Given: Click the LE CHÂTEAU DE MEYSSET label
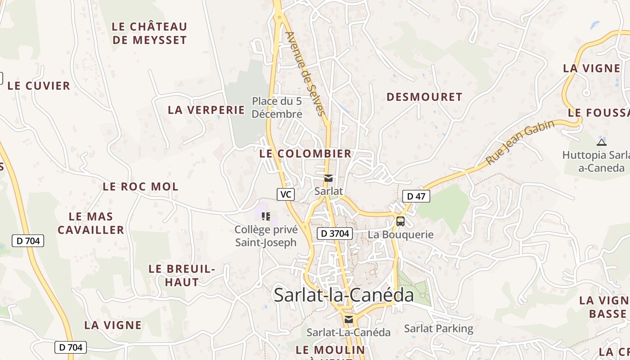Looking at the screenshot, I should click(x=149, y=33).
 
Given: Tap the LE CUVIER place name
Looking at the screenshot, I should click(x=39, y=85).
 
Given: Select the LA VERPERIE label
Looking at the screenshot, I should click(x=206, y=110).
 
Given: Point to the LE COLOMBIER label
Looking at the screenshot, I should click(x=305, y=153).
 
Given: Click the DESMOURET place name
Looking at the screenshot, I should click(x=424, y=97).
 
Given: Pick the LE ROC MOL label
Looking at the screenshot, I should click(x=140, y=186).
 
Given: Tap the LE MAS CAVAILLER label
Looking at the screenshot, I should click(x=91, y=223).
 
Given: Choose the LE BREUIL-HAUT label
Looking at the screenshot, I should click(x=182, y=275).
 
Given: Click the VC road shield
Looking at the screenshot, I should click(x=285, y=194).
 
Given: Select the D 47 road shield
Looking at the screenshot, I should click(x=416, y=196).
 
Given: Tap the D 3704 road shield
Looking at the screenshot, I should click(x=334, y=233).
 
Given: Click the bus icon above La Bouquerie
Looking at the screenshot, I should click(x=400, y=221).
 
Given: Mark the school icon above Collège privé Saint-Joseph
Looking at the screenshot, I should click(x=266, y=216).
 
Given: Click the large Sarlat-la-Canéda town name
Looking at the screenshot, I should click(x=344, y=295).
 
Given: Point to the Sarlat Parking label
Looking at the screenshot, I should click(x=439, y=328).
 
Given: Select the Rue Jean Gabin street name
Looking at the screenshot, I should click(x=520, y=143).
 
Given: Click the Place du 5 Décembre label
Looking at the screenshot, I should click(x=277, y=108).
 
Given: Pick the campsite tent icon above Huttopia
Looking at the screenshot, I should click(x=601, y=143).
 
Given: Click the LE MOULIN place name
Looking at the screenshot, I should click(x=330, y=350).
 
